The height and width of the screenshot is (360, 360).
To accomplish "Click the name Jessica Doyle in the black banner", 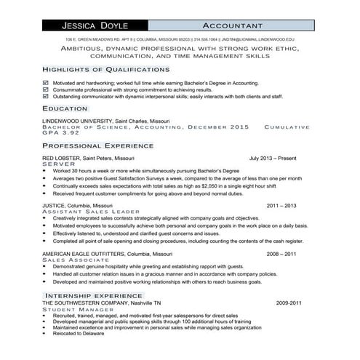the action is pyautogui.click(x=88, y=25).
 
